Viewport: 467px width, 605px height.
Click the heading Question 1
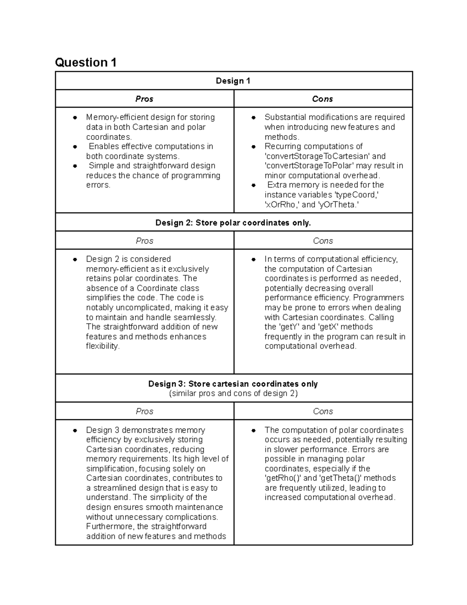86,62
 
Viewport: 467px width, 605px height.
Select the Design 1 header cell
233,81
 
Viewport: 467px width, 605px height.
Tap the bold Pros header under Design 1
144,99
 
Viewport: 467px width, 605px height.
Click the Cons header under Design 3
323,411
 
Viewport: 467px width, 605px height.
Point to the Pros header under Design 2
144,241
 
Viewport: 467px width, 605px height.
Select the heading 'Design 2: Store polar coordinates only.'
233,222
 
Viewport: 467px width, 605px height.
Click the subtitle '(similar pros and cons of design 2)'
233,393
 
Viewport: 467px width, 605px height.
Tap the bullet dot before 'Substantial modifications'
253,118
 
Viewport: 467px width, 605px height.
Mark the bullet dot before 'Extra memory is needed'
253,185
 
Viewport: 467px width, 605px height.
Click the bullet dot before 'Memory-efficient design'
75,118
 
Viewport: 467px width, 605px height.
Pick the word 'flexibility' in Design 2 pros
102,346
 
